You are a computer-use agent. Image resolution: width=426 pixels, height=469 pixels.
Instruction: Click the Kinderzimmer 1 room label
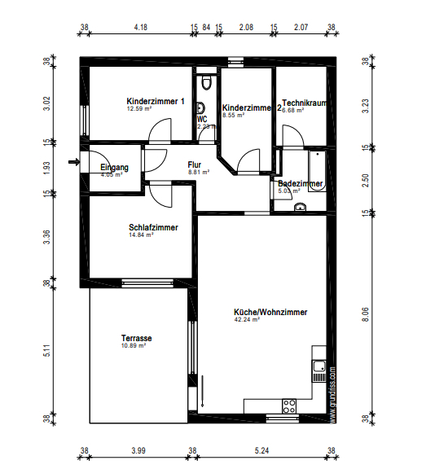point(156,101)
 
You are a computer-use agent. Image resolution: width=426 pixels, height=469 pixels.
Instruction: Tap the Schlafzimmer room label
point(153,227)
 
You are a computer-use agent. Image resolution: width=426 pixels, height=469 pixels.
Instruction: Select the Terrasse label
point(137,338)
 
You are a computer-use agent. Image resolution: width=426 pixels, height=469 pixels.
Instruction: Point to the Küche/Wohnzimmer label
point(270,312)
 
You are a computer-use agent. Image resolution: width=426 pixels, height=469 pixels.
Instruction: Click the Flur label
point(195,164)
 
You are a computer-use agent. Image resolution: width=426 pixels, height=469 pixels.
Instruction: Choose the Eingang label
point(115,167)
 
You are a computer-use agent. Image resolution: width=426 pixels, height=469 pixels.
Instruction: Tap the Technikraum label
point(305,103)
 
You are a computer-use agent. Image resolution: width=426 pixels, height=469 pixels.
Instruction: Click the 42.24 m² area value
point(246,320)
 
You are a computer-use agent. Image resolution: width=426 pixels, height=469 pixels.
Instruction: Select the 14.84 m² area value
point(141,235)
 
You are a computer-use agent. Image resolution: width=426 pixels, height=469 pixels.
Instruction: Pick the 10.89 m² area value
point(133,346)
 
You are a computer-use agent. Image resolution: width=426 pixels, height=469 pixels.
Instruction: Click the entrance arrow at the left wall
point(74,161)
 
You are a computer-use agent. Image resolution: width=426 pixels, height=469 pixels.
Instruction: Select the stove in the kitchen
point(288,405)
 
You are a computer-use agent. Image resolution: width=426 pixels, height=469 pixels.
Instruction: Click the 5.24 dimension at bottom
point(261,450)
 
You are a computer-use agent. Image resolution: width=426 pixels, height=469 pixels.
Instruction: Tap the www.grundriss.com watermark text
point(332,394)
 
